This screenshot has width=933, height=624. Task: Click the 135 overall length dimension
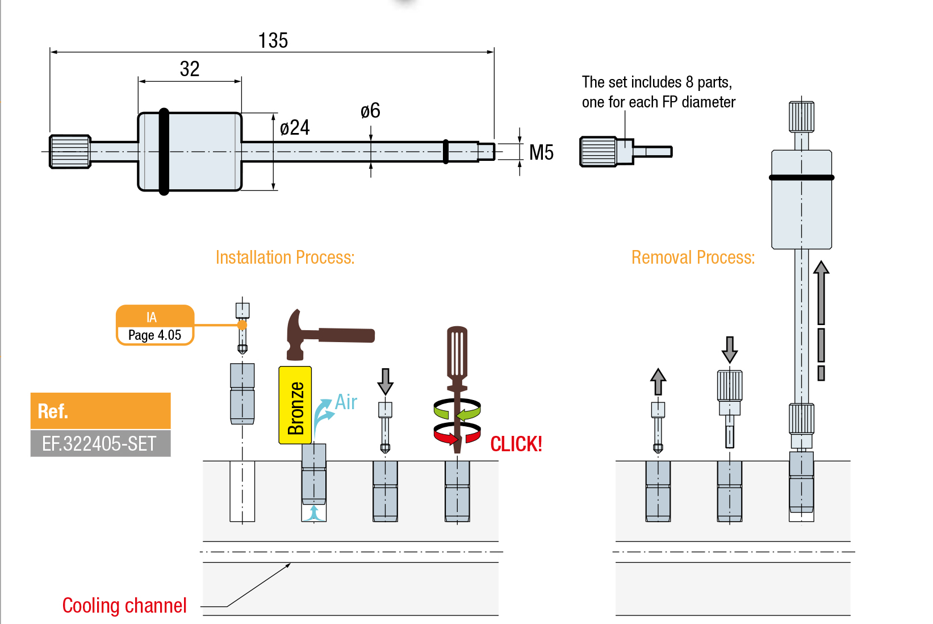(273, 41)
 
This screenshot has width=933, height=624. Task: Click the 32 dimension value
(190, 69)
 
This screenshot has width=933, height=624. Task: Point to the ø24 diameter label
(295, 127)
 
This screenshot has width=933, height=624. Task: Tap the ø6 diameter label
(370, 111)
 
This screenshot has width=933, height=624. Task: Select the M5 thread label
(541, 152)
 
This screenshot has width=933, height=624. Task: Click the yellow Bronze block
(295, 405)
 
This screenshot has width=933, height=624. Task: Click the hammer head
(296, 335)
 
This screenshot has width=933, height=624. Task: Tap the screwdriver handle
(457, 352)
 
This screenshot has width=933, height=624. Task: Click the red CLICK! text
(516, 444)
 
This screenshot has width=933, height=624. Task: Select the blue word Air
(346, 402)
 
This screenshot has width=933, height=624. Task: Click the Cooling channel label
(124, 606)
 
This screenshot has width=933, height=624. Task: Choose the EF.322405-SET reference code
(100, 443)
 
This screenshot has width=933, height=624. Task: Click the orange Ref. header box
(101, 410)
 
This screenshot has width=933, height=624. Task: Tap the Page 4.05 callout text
(154, 335)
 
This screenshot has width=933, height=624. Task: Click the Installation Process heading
(285, 257)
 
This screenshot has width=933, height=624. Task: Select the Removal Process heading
(693, 257)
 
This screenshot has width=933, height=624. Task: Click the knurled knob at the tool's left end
(70, 152)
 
